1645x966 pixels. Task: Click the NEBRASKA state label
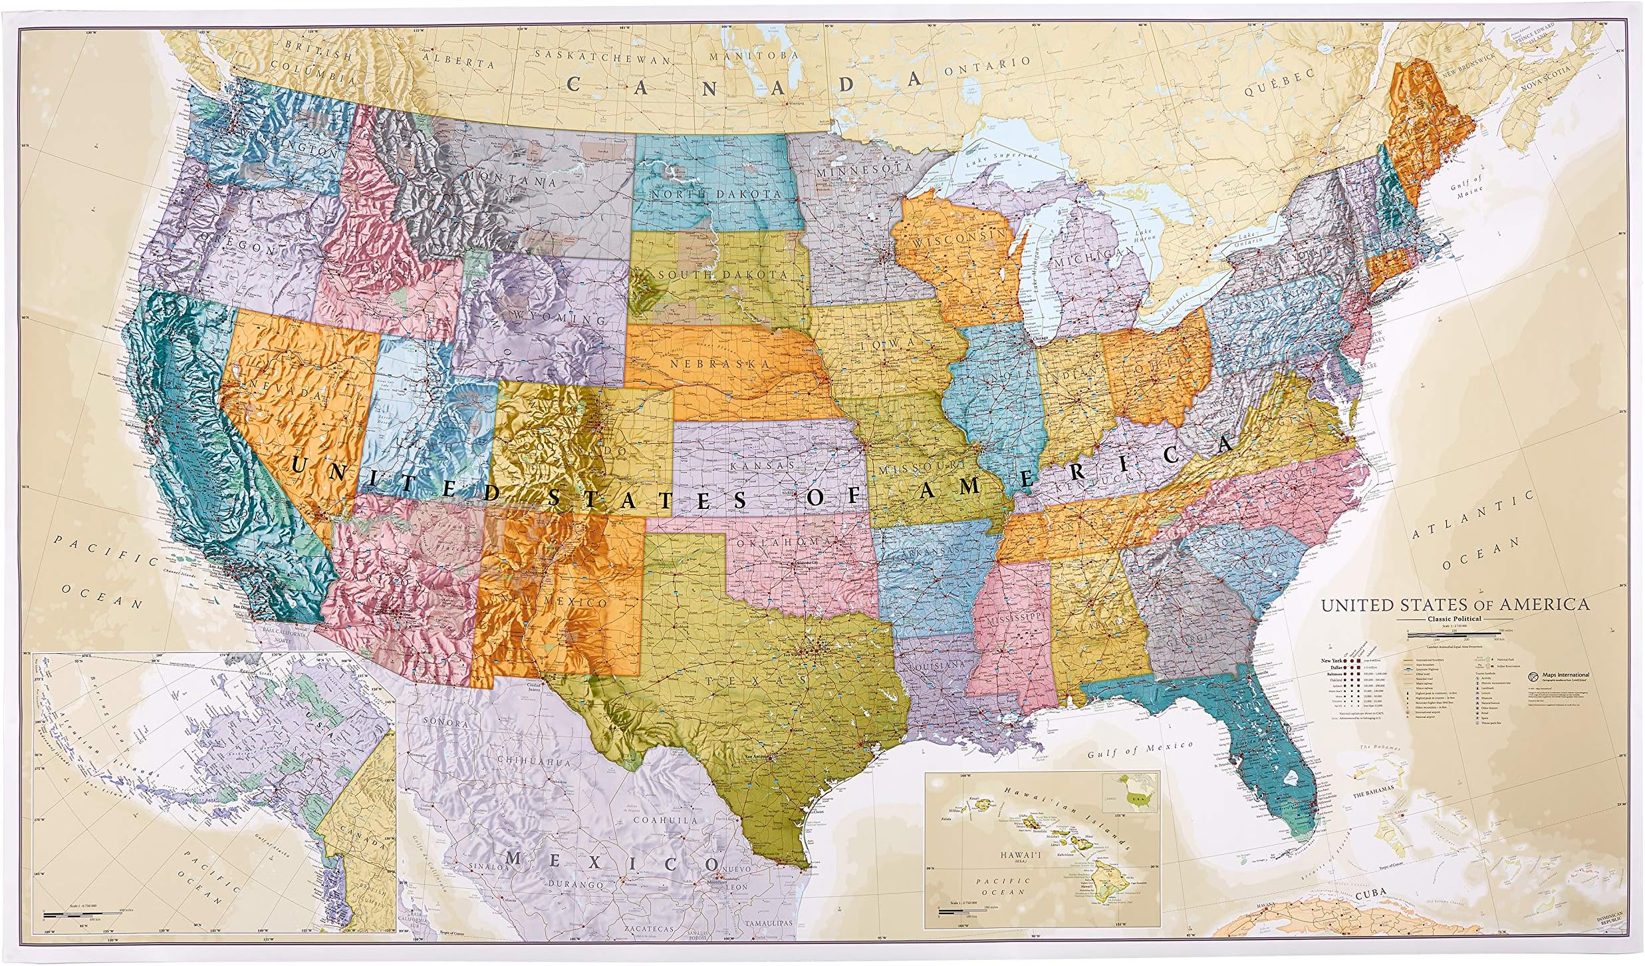point(720,364)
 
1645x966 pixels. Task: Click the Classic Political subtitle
point(1455,619)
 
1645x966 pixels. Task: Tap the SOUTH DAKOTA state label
point(723,274)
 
